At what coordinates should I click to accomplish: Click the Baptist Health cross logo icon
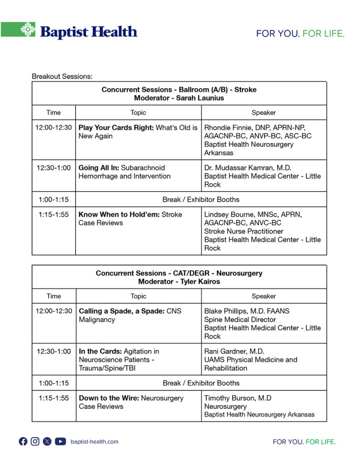coord(28,30)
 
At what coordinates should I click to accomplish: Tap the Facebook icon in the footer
coord(23,441)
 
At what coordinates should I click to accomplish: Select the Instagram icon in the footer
coord(35,441)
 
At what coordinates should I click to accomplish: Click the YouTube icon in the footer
coord(61,441)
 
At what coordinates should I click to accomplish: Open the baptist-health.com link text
coord(95,441)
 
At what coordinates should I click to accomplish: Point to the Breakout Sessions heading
coord(62,76)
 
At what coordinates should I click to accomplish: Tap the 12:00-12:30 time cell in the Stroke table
coord(54,127)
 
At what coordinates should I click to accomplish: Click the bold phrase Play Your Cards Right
coord(116,127)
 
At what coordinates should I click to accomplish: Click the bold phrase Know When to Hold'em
coord(119,214)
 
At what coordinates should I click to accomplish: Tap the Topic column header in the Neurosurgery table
coord(138,296)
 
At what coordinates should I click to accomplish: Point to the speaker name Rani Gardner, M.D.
coord(234,351)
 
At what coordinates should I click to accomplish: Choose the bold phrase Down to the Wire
coord(109,398)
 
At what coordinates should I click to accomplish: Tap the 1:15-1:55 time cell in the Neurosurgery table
coord(54,398)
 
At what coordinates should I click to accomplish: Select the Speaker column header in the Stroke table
coord(264,112)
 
